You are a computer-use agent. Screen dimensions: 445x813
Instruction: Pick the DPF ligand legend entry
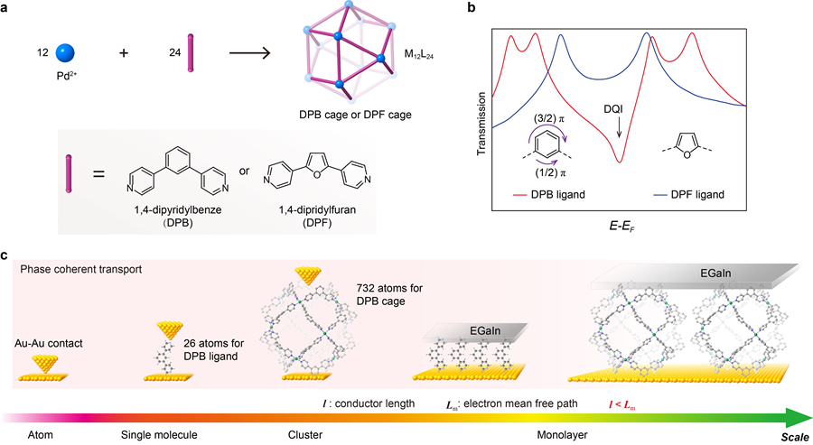pos(689,194)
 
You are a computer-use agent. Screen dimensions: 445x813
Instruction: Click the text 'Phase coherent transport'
pos(74,269)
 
